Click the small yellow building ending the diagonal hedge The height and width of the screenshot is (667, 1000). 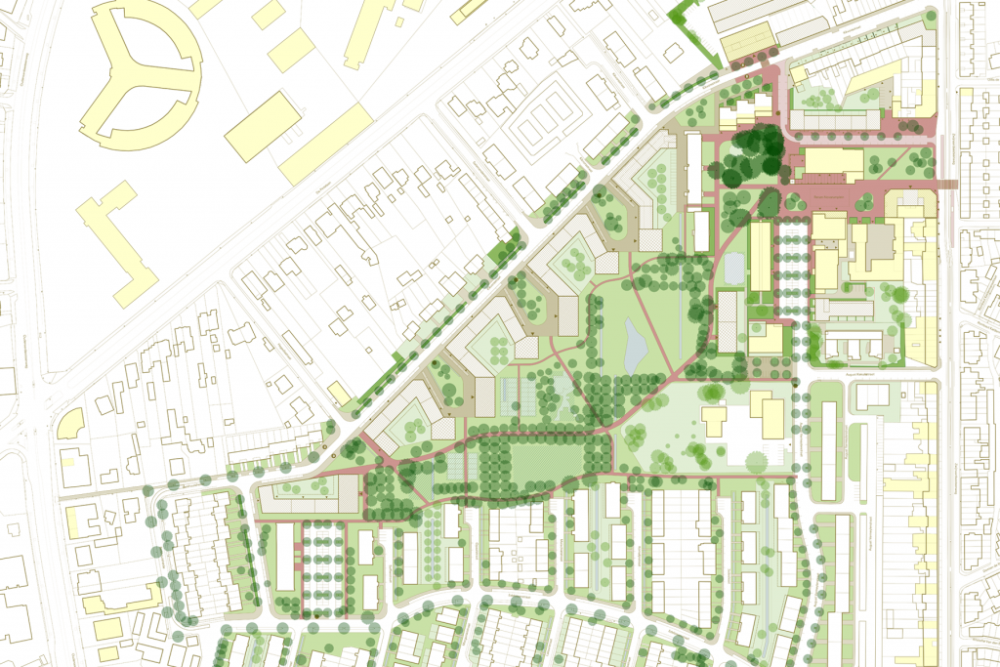coord(338,394)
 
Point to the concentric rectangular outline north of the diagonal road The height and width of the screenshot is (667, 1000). coord(536,127)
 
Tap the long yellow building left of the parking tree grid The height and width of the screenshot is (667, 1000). coord(760,256)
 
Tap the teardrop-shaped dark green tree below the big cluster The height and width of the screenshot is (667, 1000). coord(769,203)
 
